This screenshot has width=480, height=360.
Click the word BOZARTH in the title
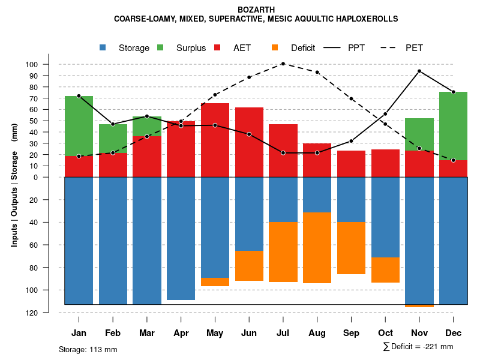click(x=256, y=10)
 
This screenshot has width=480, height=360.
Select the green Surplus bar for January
click(x=79, y=126)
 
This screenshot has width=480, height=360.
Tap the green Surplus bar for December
click(x=453, y=126)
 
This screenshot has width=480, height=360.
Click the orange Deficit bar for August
click(x=317, y=248)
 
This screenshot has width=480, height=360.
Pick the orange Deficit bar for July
click(x=283, y=252)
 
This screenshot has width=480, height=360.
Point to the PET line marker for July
click(x=283, y=64)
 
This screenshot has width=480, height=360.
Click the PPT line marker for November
click(x=419, y=71)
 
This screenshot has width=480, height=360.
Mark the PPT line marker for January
click(x=79, y=96)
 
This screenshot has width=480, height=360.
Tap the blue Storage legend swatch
click(x=103, y=47)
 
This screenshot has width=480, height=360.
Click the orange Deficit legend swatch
click(x=275, y=47)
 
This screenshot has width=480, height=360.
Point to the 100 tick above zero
click(x=49, y=64)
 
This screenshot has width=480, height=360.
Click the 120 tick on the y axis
click(x=49, y=313)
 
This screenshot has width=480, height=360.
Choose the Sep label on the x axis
click(x=351, y=332)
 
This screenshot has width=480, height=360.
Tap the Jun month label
click(x=248, y=332)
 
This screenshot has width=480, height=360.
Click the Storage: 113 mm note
click(x=88, y=349)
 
